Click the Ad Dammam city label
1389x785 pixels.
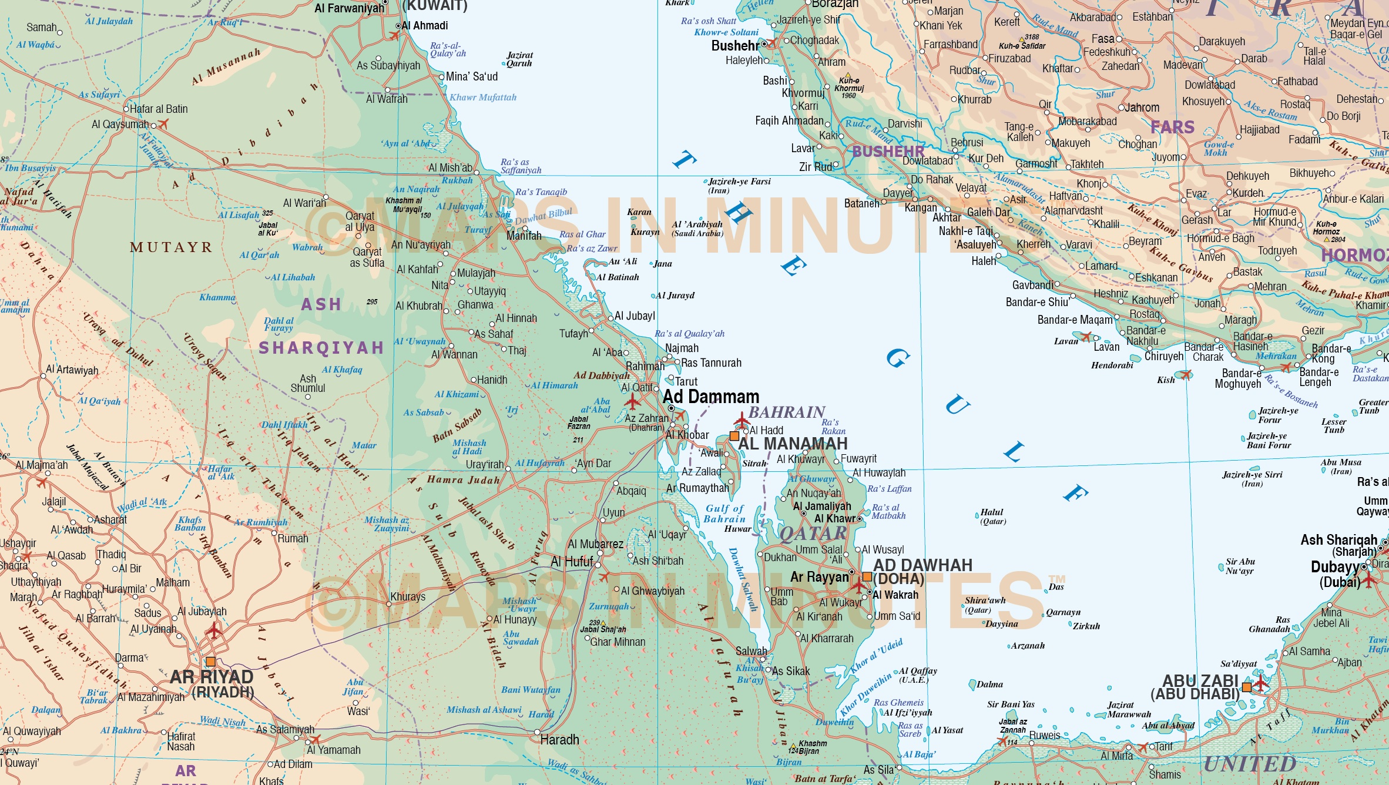[711, 397]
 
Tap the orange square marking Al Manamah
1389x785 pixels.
[734, 436]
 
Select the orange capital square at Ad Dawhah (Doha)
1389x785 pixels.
[867, 576]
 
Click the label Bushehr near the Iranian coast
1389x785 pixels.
[735, 46]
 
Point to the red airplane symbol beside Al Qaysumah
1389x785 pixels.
[163, 124]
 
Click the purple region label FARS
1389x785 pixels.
[1172, 127]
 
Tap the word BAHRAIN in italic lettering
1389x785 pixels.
[787, 412]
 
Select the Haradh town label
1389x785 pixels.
[559, 740]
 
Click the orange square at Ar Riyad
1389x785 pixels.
[210, 662]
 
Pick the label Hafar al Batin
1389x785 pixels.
[159, 109]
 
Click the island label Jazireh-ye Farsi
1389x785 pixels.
[739, 182]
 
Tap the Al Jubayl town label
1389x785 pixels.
[635, 316]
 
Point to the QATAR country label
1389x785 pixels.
[813, 534]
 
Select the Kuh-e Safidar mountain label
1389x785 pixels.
[1022, 46]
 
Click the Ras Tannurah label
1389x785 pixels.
[711, 363]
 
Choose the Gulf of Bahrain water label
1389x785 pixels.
[724, 514]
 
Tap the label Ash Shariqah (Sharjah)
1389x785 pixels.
[1339, 545]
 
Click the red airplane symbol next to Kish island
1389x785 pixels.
[1186, 374]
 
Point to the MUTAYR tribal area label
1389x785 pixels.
[170, 247]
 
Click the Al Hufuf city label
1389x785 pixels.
[572, 562]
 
